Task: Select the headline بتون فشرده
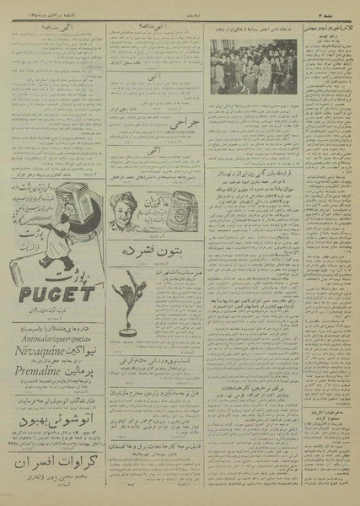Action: click(x=155, y=250)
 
